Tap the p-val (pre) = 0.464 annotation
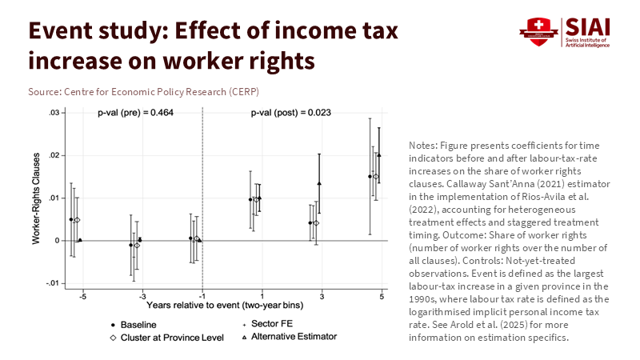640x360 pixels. pyautogui.click(x=135, y=113)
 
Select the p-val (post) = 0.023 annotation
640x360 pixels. pyautogui.click(x=290, y=113)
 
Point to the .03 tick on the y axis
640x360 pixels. pyautogui.click(x=53, y=113)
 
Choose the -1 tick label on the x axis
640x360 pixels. pyautogui.click(x=202, y=296)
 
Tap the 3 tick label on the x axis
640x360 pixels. pyautogui.click(x=322, y=296)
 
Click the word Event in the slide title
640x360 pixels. pyautogui.click(x=62, y=31)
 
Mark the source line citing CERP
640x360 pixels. pyautogui.click(x=143, y=92)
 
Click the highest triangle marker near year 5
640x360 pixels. pyautogui.click(x=379, y=155)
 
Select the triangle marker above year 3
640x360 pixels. pyautogui.click(x=319, y=183)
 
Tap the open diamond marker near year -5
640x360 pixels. pyautogui.click(x=77, y=220)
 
